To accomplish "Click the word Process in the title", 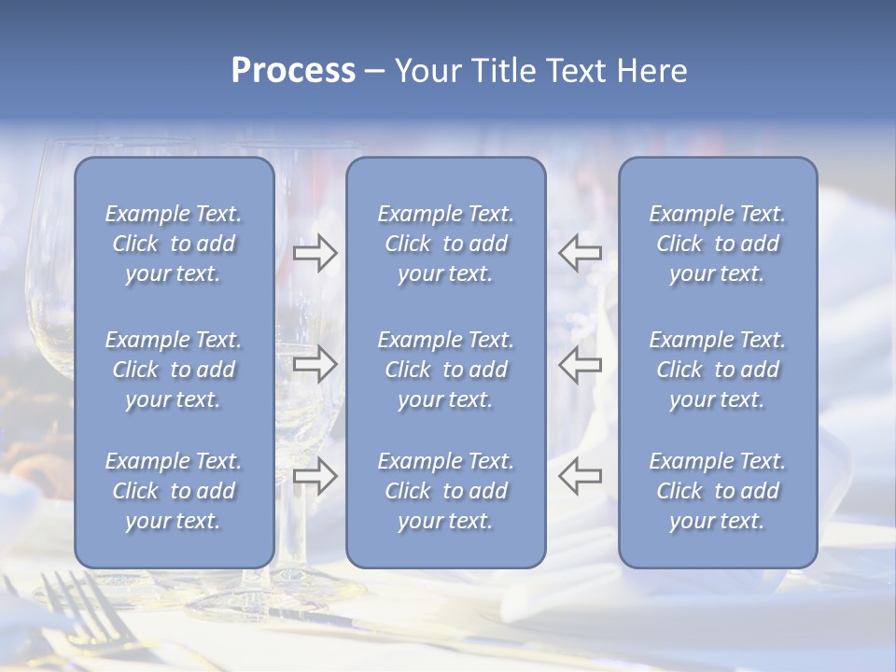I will tap(293, 71).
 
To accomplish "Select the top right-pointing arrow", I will tap(315, 252).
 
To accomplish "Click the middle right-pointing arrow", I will tap(315, 364).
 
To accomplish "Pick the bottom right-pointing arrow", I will tap(315, 476).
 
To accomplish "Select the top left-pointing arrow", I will tap(581, 252).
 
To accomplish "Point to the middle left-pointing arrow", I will tap(581, 364).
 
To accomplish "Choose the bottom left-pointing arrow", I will tap(581, 476).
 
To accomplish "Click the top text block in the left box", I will tap(174, 244).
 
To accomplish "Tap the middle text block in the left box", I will tap(174, 370).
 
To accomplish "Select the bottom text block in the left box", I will tap(174, 491).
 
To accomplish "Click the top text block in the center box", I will tap(445, 244).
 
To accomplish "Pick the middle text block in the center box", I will tap(445, 370).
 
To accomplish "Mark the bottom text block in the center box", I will tap(445, 491).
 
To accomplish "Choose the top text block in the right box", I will tap(717, 244).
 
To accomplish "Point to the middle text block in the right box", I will tap(717, 370).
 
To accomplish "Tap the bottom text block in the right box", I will tap(717, 491).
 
